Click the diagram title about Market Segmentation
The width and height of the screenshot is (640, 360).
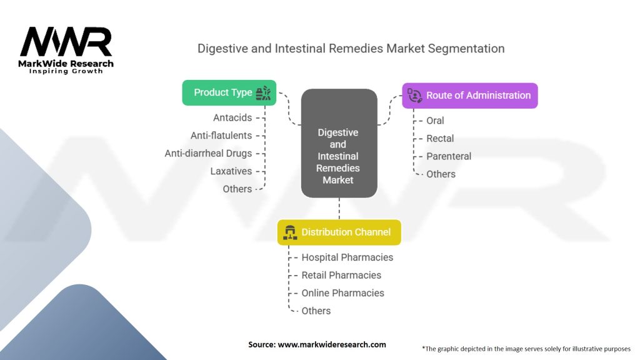[x=351, y=48]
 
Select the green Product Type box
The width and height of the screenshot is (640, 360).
[x=229, y=92]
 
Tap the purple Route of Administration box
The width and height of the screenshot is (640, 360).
[x=469, y=96]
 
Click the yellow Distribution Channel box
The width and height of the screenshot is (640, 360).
[x=339, y=232]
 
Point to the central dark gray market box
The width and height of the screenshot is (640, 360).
[x=339, y=144]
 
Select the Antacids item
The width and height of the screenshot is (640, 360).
[x=232, y=117]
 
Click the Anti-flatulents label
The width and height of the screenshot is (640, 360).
[x=221, y=135]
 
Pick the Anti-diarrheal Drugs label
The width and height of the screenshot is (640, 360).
[x=208, y=153]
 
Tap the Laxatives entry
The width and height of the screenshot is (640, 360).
[x=231, y=171]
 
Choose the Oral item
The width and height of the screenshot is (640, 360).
[x=435, y=120]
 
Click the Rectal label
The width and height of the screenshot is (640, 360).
[x=440, y=138]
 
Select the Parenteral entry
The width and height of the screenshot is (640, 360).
[x=449, y=156]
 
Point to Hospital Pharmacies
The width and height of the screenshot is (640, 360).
[x=347, y=257]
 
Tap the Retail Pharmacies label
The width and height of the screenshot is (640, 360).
[x=341, y=275]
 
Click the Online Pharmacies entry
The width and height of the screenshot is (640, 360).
[x=342, y=292]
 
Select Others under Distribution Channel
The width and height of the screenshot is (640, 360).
[x=316, y=311]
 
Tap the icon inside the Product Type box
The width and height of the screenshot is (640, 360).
[x=263, y=92]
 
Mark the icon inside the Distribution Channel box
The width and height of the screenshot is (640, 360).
[x=289, y=232]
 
